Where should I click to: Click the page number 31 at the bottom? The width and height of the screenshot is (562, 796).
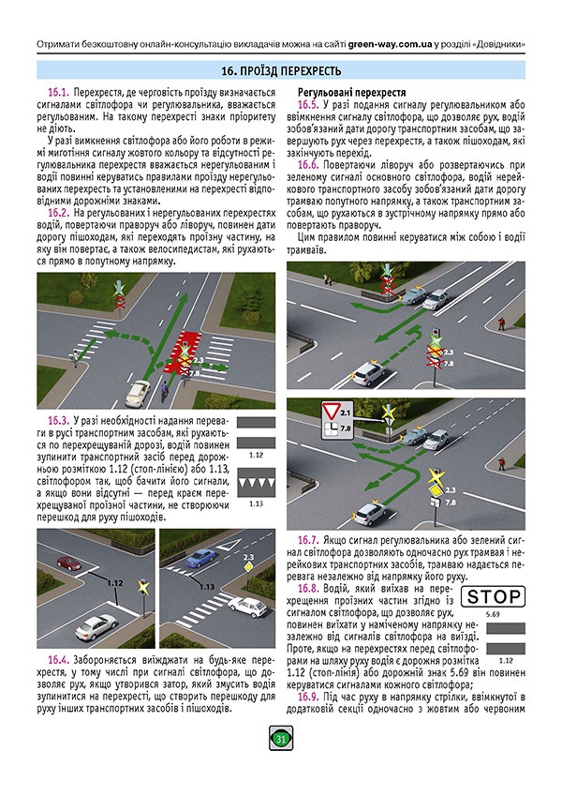click(280, 741)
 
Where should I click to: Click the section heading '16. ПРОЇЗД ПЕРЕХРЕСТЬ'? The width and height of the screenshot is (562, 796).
click(281, 71)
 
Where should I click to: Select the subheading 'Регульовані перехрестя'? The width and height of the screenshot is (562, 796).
click(350, 94)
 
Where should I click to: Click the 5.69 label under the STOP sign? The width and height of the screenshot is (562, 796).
click(481, 614)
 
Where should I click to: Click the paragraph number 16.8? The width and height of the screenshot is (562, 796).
click(310, 588)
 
